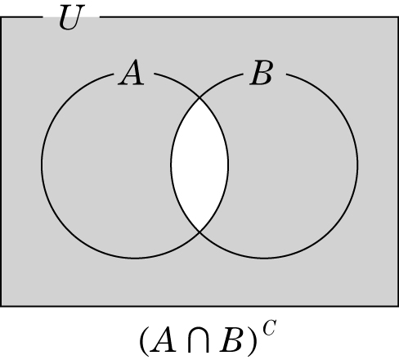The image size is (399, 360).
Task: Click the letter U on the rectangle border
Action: click(x=72, y=17)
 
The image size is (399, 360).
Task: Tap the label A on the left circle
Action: click(x=131, y=73)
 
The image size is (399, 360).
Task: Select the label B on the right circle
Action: click(x=262, y=73)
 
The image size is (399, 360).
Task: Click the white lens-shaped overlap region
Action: click(x=199, y=164)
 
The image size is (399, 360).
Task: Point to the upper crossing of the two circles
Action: click(x=199, y=97)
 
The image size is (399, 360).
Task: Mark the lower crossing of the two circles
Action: click(x=199, y=232)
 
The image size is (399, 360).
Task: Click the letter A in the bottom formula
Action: click(x=163, y=340)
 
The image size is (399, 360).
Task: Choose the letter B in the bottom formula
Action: click(x=231, y=340)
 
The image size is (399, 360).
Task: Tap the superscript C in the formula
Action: click(x=270, y=328)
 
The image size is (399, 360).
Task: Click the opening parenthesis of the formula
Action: click(x=145, y=340)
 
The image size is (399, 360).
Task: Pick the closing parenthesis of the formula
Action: click(x=252, y=340)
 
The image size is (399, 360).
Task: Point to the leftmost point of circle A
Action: click(x=42, y=164)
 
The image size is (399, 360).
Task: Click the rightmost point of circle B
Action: click(x=357, y=164)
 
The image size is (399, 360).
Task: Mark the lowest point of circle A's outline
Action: click(x=135, y=258)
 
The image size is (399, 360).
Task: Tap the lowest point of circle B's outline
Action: click(x=264, y=258)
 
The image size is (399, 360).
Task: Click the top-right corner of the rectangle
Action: click(x=398, y=17)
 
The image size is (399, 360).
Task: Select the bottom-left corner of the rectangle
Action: click(x=1, y=306)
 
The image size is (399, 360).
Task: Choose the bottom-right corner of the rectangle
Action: click(x=398, y=306)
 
